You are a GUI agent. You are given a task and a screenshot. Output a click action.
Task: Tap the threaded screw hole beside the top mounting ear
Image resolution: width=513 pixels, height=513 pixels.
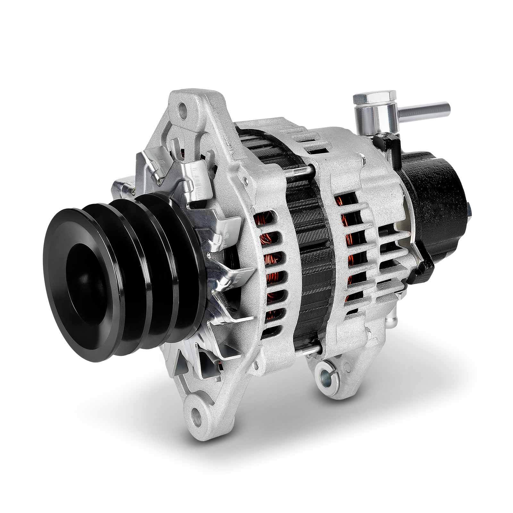(x=245, y=181)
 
